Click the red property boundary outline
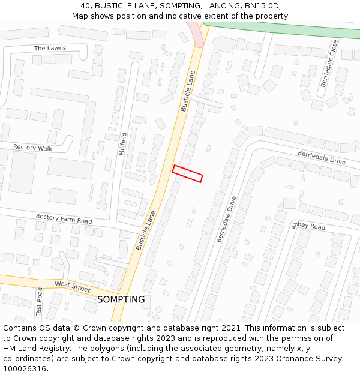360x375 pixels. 187,173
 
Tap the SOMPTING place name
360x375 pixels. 121,299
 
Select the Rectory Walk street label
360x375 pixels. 33,148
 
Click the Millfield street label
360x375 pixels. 122,143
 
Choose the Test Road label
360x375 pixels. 40,301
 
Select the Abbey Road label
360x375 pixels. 308,226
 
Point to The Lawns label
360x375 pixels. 50,48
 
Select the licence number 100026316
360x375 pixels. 26,369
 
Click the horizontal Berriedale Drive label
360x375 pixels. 322,158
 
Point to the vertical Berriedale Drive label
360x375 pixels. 227,219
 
